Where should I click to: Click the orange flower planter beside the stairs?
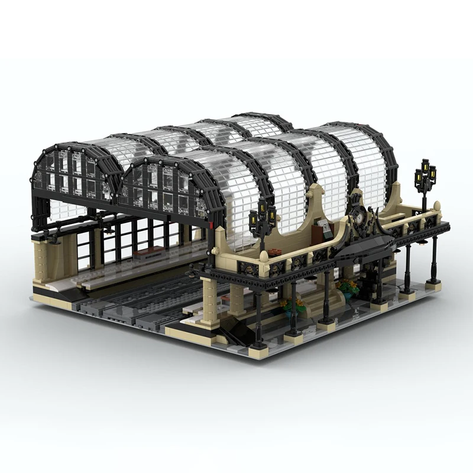click(293, 304)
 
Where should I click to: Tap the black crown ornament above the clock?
click(357, 198)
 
